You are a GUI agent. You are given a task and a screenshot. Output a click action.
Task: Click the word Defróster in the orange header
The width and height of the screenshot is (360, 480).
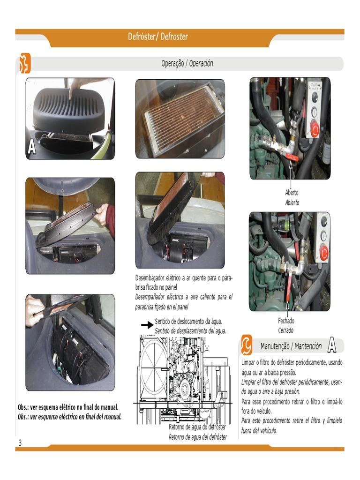pyautogui.click(x=142, y=37)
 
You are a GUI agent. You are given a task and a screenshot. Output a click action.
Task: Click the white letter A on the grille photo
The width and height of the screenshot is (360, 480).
pyautogui.click(x=31, y=147)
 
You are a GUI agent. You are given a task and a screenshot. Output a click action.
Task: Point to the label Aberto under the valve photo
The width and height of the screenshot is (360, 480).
pyautogui.click(x=292, y=192)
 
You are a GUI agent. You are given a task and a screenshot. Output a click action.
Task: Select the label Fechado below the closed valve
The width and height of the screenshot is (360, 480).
pyautogui.click(x=286, y=321)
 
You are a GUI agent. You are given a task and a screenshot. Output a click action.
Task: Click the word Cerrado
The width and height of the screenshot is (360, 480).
pyautogui.click(x=285, y=330)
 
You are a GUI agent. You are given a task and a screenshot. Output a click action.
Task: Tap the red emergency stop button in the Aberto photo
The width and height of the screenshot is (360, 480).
pyautogui.click(x=315, y=128)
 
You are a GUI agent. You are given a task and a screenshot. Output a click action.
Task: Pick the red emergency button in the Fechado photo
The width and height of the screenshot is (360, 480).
pyautogui.click(x=323, y=252)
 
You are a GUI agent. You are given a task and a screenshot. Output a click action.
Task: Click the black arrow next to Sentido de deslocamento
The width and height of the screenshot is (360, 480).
pyautogui.click(x=147, y=325)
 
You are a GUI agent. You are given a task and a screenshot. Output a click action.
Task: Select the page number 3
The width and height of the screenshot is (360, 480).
pyautogui.click(x=20, y=442)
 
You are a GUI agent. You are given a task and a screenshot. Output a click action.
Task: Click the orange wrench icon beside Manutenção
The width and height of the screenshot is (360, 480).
pyautogui.click(x=247, y=345)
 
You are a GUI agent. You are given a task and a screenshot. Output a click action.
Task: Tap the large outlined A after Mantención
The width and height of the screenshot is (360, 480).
pyautogui.click(x=332, y=345)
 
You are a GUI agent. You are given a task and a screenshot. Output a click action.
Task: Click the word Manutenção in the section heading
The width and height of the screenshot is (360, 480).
pyautogui.click(x=275, y=346)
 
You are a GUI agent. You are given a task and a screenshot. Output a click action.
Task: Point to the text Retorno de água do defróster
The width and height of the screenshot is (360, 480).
pyautogui.click(x=197, y=427)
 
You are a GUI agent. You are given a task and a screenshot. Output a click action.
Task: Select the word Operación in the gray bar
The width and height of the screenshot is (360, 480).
pyautogui.click(x=201, y=63)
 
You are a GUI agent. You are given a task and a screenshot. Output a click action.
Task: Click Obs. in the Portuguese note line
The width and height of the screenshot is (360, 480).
pyautogui.click(x=23, y=407)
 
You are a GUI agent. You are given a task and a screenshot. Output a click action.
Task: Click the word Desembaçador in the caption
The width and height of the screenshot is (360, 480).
pyautogui.click(x=150, y=278)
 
